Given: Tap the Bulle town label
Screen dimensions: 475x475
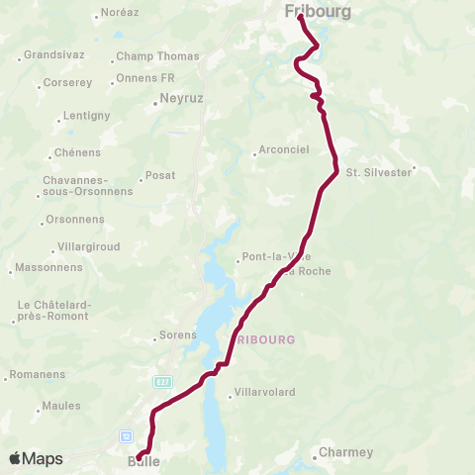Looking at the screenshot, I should click(144, 462).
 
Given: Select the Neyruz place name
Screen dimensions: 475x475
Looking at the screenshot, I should click(179, 100).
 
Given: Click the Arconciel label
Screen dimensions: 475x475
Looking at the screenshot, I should click(283, 150).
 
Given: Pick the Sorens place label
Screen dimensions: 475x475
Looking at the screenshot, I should click(178, 335).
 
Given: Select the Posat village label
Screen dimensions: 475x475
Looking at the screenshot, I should click(159, 175).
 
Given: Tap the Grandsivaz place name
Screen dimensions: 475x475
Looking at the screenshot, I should click(51, 56).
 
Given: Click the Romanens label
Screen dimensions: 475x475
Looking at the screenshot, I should click(37, 375).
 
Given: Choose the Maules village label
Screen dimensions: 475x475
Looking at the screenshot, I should click(60, 407).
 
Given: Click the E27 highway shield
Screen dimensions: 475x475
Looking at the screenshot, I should click(162, 380).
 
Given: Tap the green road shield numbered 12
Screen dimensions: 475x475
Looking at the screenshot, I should click(126, 435).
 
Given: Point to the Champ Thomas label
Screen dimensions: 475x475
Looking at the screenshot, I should click(156, 56).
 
